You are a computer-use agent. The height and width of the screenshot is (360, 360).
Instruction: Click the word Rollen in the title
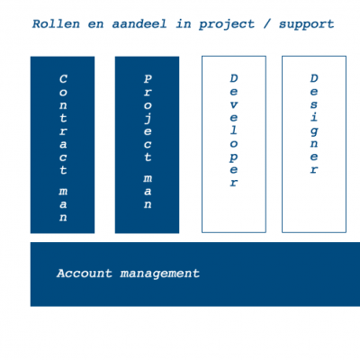click(56, 23)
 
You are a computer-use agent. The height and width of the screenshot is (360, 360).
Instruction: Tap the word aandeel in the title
click(139, 23)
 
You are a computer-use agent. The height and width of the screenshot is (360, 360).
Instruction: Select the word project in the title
click(227, 24)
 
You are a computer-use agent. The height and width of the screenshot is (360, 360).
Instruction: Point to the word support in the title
click(306, 25)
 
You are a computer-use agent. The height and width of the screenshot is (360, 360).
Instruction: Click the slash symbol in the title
click(266, 24)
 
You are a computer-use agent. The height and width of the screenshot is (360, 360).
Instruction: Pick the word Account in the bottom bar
click(85, 274)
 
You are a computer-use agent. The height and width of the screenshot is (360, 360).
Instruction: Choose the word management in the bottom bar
click(159, 274)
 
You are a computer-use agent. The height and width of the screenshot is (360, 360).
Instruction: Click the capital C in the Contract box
click(63, 79)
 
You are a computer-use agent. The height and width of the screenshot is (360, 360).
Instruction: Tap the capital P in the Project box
click(148, 79)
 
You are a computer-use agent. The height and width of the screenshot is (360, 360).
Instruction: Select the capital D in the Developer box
click(234, 78)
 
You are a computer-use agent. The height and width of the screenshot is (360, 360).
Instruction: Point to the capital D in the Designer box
click(314, 78)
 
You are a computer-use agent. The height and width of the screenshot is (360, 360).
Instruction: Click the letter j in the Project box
click(148, 118)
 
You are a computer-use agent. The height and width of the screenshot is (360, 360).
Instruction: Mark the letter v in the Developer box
click(234, 105)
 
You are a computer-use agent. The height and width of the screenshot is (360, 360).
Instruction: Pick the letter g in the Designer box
click(314, 131)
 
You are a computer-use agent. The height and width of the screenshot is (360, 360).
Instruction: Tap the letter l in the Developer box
click(234, 130)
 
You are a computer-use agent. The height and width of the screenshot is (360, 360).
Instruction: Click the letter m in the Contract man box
click(63, 192)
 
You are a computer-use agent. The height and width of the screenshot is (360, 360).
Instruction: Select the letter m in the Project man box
click(148, 178)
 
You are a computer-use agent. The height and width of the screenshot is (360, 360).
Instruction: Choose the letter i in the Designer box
click(314, 116)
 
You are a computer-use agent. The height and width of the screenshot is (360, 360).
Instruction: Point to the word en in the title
click(95, 24)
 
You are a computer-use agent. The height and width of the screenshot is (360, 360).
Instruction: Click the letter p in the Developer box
click(233, 157)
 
